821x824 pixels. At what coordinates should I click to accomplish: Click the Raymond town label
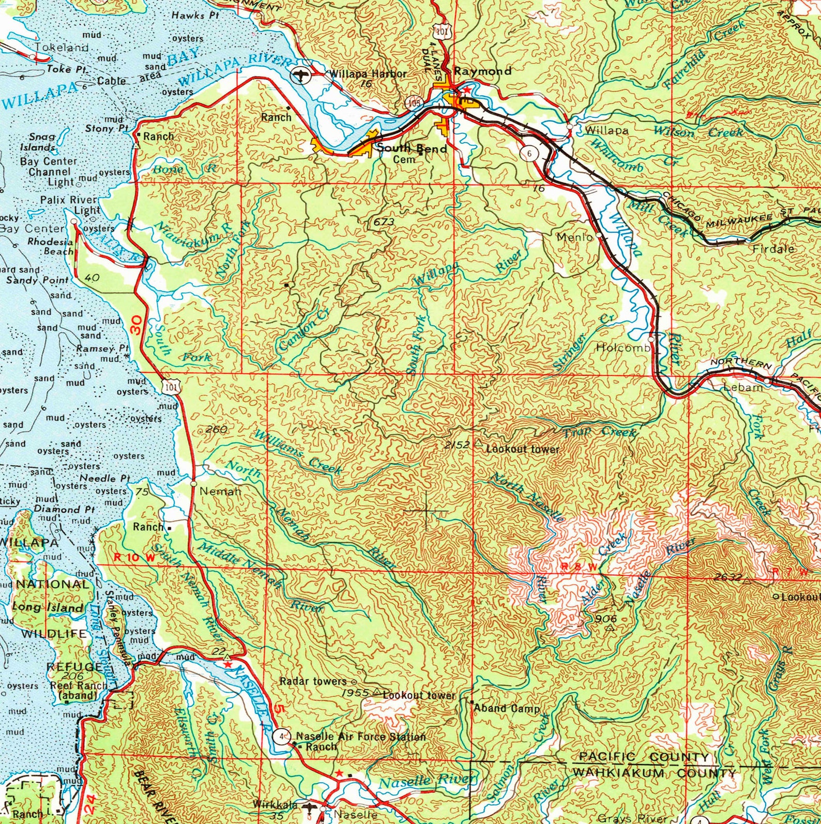tap(482, 71)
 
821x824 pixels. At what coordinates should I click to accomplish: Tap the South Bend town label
tap(412, 148)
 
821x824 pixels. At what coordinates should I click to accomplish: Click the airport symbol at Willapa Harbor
tap(299, 75)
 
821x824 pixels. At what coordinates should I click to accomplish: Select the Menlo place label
tap(574, 237)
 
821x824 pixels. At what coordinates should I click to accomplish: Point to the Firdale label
tap(773, 249)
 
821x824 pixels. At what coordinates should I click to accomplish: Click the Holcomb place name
tap(622, 348)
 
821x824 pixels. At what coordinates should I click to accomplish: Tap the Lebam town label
tap(742, 387)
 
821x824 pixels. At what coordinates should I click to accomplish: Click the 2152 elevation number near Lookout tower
tap(457, 445)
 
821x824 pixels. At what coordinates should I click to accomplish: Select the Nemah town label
tap(220, 491)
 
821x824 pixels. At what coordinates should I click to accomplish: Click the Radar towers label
tap(313, 681)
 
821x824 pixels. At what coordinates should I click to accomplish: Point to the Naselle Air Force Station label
tap(360, 736)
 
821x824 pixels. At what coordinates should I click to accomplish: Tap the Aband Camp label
tap(507, 708)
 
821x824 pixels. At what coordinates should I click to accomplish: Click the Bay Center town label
tap(32, 228)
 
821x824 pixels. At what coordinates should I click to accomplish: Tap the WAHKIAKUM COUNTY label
tap(653, 773)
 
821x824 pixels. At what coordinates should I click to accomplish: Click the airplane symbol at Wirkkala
tap(310, 807)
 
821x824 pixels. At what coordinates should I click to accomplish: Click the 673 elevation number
tap(384, 222)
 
